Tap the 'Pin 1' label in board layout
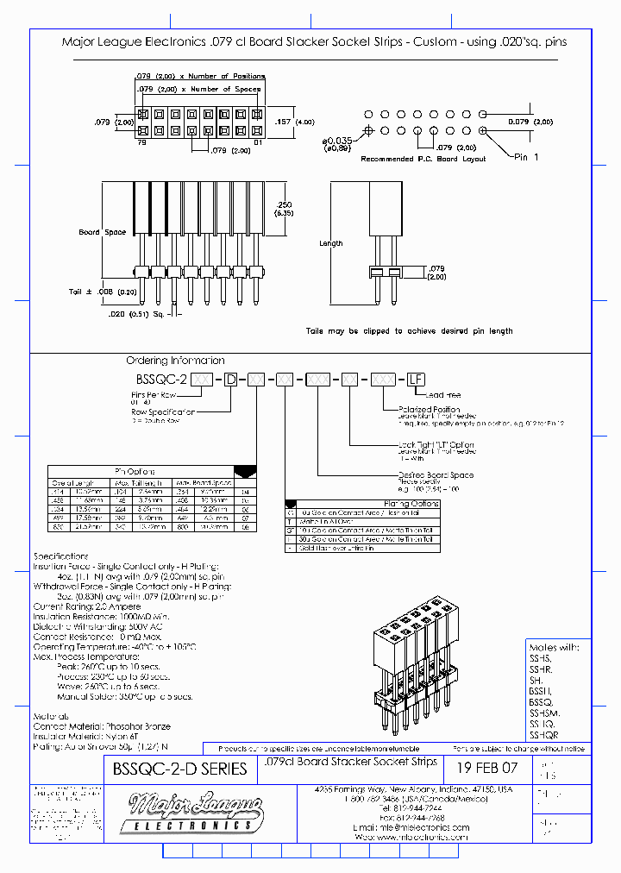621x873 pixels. coord(526,157)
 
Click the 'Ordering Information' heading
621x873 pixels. coord(175,361)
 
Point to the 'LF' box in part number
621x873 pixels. coord(416,379)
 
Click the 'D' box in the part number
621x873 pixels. coord(230,379)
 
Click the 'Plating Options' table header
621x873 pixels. coord(411,504)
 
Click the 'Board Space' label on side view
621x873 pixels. coord(103,232)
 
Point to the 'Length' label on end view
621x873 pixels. coord(331,243)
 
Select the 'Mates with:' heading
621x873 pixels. coord(553,647)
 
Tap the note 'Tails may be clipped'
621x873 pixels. coord(409,330)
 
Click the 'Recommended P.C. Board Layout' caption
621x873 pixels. coord(423,159)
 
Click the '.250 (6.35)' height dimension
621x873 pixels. coord(284,208)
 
